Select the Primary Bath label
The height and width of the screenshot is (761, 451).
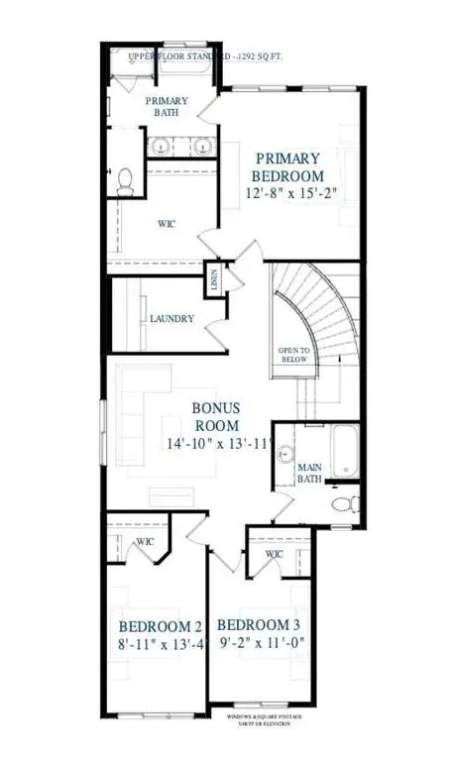(x=167, y=106)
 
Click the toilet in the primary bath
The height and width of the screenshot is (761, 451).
(x=126, y=180)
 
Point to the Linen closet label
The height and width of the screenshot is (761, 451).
(x=214, y=280)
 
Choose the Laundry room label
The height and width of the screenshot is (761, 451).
(x=171, y=319)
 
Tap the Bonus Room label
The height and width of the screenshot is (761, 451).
(x=216, y=418)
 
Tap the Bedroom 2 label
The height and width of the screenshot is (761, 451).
(x=161, y=626)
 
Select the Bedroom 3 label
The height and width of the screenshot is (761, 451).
(x=259, y=625)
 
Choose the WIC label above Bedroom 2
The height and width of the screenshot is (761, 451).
(x=145, y=541)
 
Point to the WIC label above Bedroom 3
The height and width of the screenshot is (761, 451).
(x=275, y=554)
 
